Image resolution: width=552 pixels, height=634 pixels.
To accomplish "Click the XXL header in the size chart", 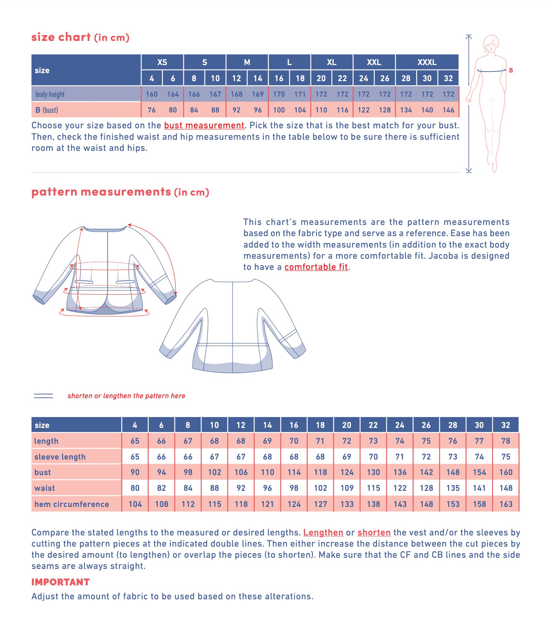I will (x=374, y=62).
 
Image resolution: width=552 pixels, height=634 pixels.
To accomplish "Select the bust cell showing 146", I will (x=448, y=110).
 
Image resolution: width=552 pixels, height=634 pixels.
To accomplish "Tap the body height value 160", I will (x=152, y=94).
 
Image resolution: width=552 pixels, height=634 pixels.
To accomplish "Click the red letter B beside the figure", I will (x=511, y=70).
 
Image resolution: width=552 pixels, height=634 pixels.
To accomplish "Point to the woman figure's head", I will (x=491, y=43).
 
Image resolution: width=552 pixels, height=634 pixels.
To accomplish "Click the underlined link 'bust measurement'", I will (x=204, y=125).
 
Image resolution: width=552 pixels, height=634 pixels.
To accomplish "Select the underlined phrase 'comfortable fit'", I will (x=316, y=267).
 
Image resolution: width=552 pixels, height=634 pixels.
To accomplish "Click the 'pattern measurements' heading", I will (x=101, y=192).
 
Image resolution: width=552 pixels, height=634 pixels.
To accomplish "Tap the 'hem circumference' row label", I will (x=72, y=504).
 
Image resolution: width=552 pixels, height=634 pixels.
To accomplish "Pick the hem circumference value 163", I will (x=506, y=504).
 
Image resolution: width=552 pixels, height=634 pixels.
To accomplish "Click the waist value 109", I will (x=347, y=488).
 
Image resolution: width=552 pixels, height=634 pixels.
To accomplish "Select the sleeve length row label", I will (x=60, y=457).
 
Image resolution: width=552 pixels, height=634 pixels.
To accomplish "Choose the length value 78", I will (x=506, y=441).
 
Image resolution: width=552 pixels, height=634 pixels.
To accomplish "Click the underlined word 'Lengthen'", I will (x=323, y=532).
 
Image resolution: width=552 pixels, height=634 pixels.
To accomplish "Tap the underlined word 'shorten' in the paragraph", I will (x=374, y=532).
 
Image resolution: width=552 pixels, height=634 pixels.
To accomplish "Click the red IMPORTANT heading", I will (x=61, y=582).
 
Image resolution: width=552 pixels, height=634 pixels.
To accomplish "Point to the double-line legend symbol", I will (x=43, y=396).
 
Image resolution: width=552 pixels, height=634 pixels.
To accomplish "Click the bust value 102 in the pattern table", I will (x=214, y=472).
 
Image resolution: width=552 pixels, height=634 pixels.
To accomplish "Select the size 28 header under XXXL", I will (x=406, y=78).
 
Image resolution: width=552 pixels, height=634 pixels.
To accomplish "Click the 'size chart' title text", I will (x=61, y=37).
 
